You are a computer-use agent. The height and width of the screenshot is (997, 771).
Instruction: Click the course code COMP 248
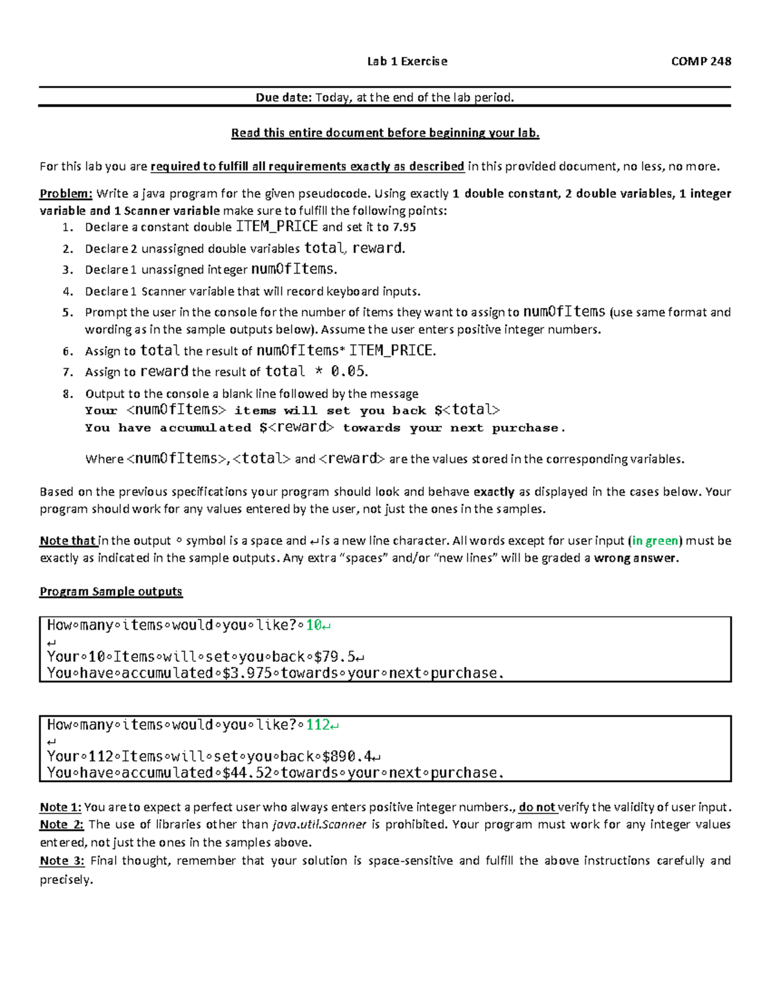[x=701, y=62]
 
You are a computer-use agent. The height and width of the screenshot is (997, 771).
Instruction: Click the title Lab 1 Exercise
[x=407, y=62]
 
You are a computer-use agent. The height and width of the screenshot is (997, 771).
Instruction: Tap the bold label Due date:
[x=283, y=98]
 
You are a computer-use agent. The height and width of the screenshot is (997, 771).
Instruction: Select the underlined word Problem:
[x=66, y=194]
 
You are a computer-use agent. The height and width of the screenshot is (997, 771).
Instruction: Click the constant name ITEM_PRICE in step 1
[x=277, y=227]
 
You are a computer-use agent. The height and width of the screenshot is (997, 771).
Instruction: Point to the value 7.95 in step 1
[x=404, y=227]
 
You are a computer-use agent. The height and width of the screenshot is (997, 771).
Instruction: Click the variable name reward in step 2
[x=378, y=248]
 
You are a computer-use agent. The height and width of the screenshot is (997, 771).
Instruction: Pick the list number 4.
[x=68, y=291]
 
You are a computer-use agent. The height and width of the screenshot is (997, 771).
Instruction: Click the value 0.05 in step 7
[x=348, y=371]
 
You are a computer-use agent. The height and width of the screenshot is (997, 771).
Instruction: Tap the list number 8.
[x=68, y=394]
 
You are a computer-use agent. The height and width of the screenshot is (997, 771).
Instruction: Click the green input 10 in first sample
[x=314, y=625]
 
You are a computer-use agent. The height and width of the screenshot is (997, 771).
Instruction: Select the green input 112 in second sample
[x=317, y=725]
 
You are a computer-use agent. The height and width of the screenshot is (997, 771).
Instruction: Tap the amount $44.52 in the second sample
[x=247, y=772]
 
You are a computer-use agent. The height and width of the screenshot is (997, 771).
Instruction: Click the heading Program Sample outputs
[x=111, y=591]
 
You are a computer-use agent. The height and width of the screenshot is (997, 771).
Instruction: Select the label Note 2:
[x=62, y=824]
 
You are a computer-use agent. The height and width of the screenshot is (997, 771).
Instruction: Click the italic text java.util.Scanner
[x=319, y=824]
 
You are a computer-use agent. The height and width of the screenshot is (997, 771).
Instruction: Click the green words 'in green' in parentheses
[x=655, y=541]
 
